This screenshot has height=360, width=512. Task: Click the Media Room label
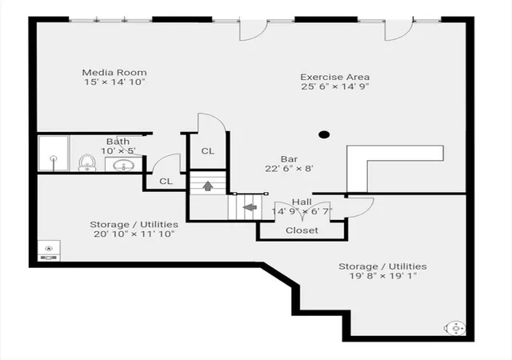[114, 72]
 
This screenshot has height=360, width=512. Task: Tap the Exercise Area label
[335, 77]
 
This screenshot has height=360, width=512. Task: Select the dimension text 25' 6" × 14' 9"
[335, 86]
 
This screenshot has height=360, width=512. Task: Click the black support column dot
[324, 134]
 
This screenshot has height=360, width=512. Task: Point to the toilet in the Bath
[87, 162]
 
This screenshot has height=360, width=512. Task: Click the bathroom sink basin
[123, 166]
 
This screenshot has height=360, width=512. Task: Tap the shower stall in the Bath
[54, 154]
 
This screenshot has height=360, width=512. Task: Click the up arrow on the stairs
[208, 186]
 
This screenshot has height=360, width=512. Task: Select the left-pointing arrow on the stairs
[250, 207]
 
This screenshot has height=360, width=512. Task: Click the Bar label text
[290, 159]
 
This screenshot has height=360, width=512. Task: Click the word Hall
[302, 202]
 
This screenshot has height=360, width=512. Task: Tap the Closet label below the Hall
[302, 230]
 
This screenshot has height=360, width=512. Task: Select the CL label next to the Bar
[208, 151]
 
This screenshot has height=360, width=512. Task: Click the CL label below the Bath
[166, 182]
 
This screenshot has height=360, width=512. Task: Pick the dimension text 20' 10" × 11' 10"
[134, 234]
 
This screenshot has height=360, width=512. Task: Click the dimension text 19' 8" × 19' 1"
[382, 276]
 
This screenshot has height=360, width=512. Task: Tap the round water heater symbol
[456, 328]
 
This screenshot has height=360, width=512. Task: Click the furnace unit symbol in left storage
[49, 251]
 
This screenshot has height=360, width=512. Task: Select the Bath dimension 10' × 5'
[118, 151]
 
